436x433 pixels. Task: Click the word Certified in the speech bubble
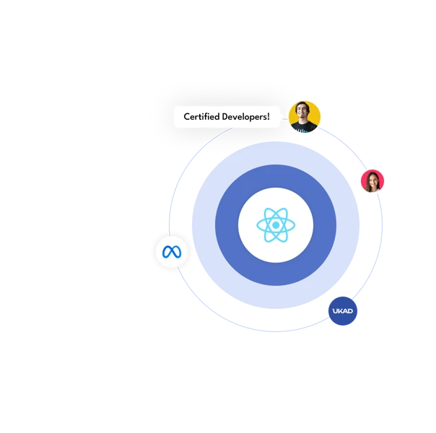pos(201,116)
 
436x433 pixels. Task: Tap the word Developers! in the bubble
pos(246,117)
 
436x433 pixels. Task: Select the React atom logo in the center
pos(276,225)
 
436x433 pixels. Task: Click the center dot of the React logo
pos(276,225)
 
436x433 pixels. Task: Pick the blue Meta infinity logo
pos(172,252)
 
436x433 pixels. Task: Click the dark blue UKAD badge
pos(343,311)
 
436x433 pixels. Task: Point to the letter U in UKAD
pos(335,311)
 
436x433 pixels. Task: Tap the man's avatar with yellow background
pos(305,117)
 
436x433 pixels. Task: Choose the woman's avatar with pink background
pos(372,181)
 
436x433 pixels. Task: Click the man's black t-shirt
pos(304,127)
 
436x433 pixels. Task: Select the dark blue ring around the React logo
pos(276,176)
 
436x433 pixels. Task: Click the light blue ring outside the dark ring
pos(276,153)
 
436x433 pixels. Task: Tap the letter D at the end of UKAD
pos(350,311)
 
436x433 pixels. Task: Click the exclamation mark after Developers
pos(269,116)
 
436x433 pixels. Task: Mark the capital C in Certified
pos(187,117)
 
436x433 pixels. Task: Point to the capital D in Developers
pos(225,117)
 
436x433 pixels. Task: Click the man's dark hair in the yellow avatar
pos(302,105)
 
